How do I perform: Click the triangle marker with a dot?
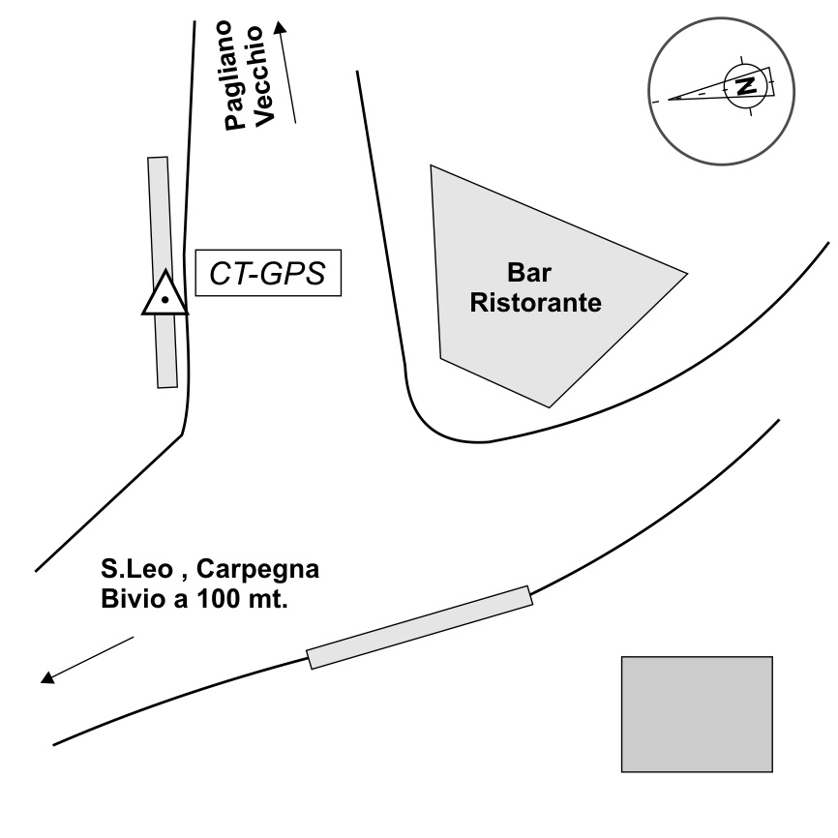(165, 294)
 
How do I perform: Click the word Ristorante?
(535, 302)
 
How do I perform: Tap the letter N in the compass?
(745, 85)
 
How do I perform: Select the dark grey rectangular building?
(696, 713)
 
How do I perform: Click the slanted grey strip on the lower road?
(420, 627)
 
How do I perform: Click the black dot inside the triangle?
(165, 301)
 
